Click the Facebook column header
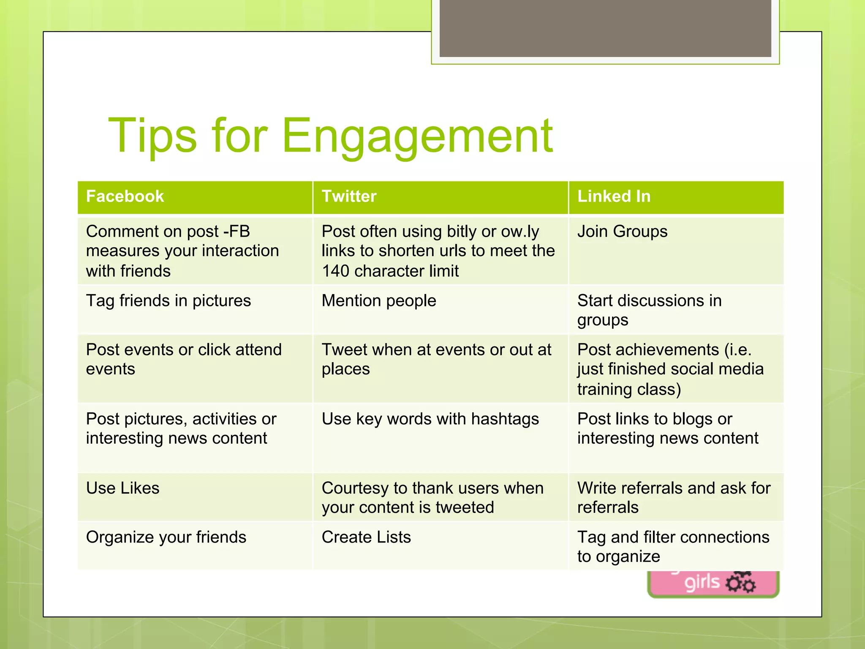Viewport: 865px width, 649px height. click(x=125, y=196)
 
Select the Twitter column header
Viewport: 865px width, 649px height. click(x=349, y=196)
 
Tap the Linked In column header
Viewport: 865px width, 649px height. click(x=614, y=196)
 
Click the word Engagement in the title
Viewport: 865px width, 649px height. click(x=417, y=136)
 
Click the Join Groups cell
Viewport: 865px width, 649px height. click(x=622, y=232)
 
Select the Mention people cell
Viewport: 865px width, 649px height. click(x=379, y=301)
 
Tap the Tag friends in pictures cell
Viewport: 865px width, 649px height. click(x=169, y=301)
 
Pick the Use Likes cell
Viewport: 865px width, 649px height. click(x=123, y=488)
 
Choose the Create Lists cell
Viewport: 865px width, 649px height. click(x=366, y=537)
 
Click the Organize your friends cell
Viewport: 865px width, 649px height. click(x=166, y=537)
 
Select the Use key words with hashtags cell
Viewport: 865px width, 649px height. click(x=430, y=419)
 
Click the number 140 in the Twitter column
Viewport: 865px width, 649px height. click(x=336, y=271)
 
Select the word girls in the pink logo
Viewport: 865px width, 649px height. click(x=702, y=583)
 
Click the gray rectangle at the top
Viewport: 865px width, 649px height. click(x=605, y=28)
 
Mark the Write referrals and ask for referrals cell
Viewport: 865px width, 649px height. click(x=674, y=497)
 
